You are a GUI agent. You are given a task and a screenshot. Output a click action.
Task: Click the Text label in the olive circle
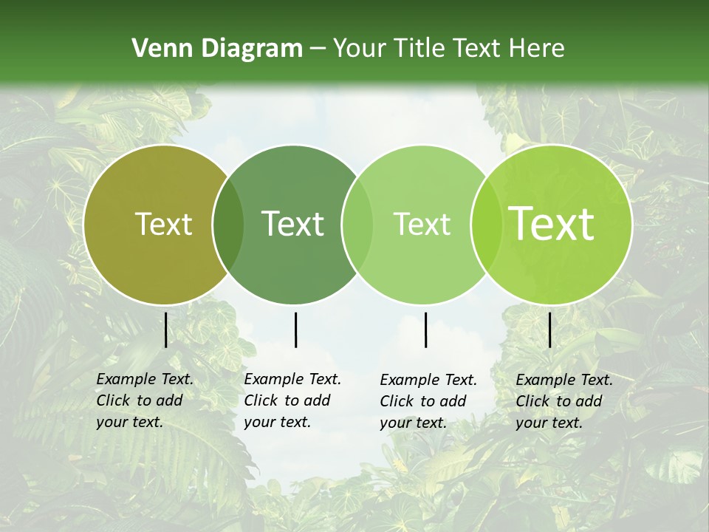pos(163,224)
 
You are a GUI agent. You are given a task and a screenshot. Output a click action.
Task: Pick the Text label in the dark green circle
pos(292,224)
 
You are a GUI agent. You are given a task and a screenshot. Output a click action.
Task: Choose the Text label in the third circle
pos(422,224)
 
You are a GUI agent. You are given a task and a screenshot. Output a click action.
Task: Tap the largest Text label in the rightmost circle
pos(551,224)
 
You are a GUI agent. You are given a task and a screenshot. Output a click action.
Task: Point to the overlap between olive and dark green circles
pos(228,225)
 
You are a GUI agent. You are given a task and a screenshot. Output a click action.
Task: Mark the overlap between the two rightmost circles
pos(485,225)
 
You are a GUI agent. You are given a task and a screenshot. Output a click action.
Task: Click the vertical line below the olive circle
pos(165,330)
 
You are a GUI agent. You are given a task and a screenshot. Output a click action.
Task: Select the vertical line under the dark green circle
pos(295,330)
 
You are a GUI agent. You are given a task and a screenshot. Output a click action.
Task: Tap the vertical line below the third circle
pos(426,330)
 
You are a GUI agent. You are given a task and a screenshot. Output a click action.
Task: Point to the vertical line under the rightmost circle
pos(550,330)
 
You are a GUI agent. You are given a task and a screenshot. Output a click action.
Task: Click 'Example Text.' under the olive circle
pos(145,379)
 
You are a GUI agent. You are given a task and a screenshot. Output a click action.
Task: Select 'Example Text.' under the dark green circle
pos(292,379)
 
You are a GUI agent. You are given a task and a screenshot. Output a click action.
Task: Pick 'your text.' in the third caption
pos(414,423)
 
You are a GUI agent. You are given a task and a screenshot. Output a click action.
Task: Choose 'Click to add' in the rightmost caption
pos(559,401)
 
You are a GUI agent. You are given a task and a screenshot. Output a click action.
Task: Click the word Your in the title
pos(361,49)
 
